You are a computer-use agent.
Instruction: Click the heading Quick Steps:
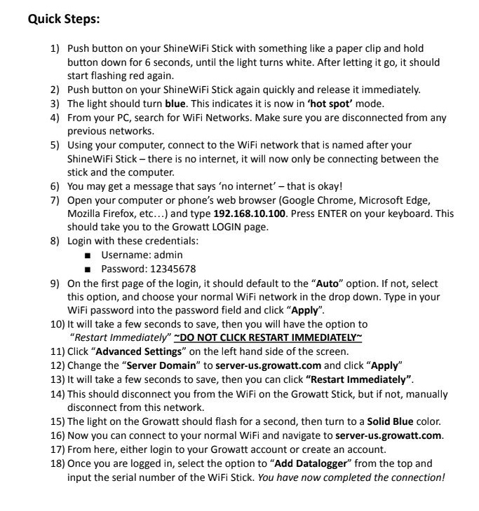[x=64, y=19]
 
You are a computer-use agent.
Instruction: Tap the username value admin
[x=168, y=255]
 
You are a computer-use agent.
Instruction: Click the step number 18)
[x=57, y=463]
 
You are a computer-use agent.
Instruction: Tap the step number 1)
[x=55, y=48]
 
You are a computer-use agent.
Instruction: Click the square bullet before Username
[x=87, y=255]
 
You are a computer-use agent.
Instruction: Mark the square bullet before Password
[x=87, y=269]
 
